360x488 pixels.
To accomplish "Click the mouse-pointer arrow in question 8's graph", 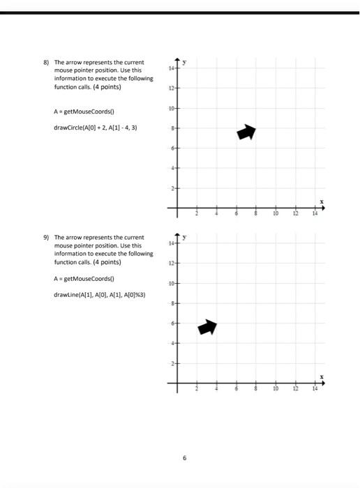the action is coord(246,132).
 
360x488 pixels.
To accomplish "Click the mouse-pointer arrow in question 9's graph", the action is coord(207,327).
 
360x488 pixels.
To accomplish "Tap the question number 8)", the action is coord(46,63).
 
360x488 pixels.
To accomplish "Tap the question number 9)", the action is coord(46,237).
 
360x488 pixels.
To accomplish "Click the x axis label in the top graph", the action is coord(322,201).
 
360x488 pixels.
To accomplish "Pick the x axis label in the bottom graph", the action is coord(322,376).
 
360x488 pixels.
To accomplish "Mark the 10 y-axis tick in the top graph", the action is coord(171,109).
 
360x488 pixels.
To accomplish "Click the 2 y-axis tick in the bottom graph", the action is coord(172,363).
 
